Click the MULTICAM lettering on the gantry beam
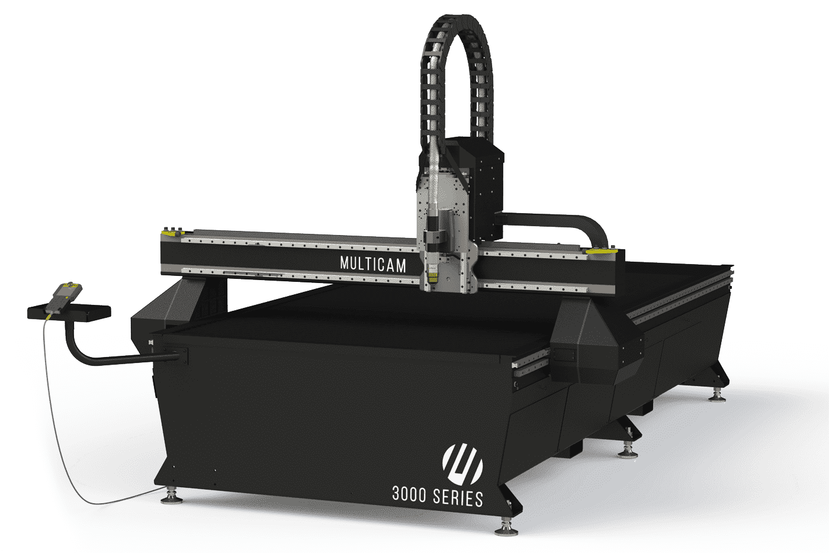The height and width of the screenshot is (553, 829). point(373,264)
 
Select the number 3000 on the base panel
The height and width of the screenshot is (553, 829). point(409,494)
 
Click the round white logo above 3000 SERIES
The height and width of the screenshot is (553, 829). point(462,464)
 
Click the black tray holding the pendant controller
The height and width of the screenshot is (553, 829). point(69,312)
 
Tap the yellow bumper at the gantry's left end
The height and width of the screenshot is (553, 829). point(171,233)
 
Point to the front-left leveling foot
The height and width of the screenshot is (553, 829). point(171,497)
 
